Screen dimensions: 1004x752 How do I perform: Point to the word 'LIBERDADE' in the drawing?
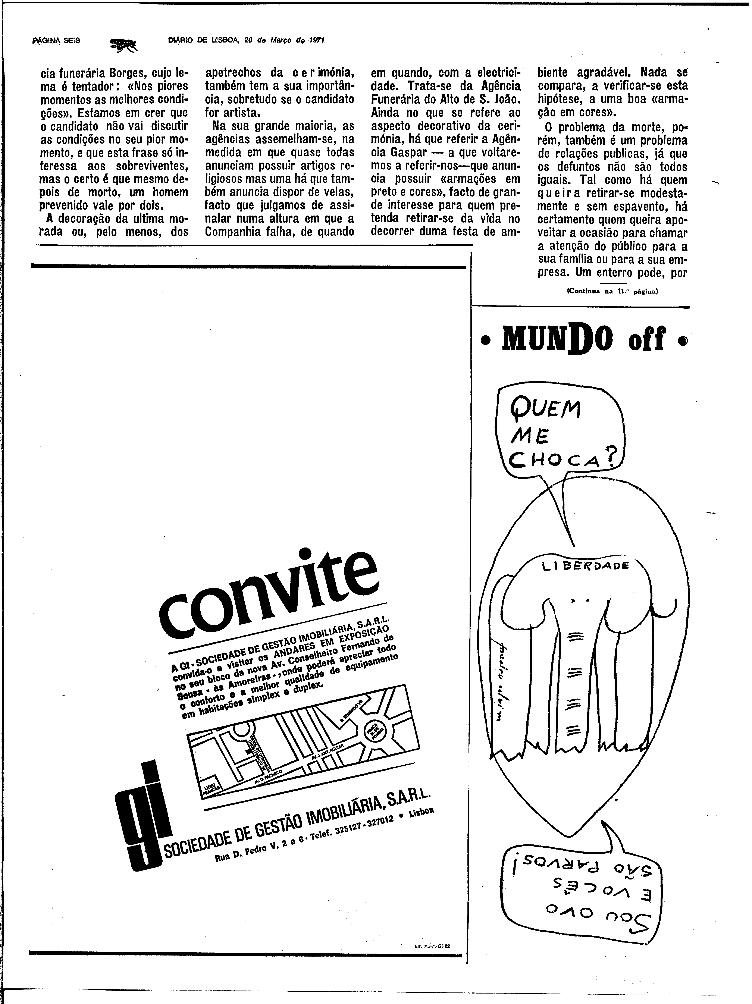point(585,567)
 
